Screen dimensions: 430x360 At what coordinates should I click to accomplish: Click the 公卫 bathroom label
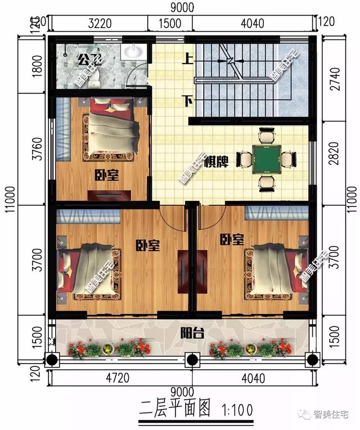[87, 59]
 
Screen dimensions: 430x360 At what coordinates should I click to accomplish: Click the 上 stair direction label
[186, 57]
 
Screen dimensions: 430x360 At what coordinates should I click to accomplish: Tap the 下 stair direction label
[186, 100]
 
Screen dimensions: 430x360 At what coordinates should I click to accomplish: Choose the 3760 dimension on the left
[37, 149]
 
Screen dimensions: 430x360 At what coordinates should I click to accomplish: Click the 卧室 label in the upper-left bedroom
[107, 176]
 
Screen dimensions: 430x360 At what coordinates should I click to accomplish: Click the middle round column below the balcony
[191, 359]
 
